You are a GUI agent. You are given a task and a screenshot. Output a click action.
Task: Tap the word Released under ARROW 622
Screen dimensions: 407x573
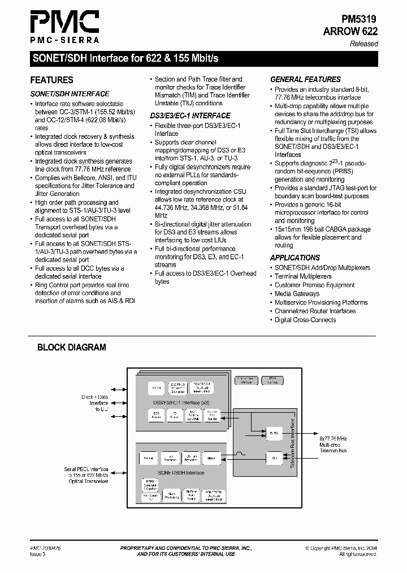[x=364, y=44]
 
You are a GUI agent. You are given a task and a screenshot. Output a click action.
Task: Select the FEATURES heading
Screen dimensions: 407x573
[x=51, y=80]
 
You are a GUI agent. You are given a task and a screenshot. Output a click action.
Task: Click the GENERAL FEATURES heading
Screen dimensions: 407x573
[x=305, y=80]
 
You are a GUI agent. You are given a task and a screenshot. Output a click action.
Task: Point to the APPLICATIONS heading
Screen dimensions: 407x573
[x=295, y=258]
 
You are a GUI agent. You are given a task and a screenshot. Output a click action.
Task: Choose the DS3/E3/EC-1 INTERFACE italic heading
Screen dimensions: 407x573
[x=190, y=116]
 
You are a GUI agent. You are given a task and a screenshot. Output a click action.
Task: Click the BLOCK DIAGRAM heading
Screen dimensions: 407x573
[x=72, y=348]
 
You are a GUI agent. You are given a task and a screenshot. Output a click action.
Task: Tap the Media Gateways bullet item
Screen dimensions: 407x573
[x=297, y=294]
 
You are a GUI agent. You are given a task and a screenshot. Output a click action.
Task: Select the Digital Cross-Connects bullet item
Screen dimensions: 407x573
[x=305, y=320]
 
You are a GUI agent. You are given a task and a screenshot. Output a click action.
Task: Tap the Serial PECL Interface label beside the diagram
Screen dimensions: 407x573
[x=86, y=470]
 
